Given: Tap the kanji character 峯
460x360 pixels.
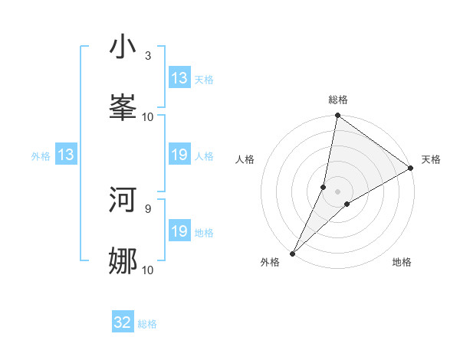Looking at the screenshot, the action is click(x=123, y=108).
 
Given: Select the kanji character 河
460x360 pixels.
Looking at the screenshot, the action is click(x=123, y=200).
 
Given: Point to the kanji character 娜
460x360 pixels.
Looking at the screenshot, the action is click(x=123, y=261).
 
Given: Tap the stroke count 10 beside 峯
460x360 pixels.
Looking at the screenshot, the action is click(x=148, y=117).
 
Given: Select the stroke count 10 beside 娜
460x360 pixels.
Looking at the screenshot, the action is click(x=148, y=270).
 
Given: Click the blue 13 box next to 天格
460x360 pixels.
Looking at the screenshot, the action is click(x=179, y=78).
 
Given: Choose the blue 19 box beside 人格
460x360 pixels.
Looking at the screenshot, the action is click(x=179, y=155).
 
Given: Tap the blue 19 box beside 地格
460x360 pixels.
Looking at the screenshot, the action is click(x=179, y=232).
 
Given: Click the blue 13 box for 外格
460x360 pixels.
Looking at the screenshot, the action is click(x=66, y=155).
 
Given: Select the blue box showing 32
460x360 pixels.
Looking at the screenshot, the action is click(x=123, y=323).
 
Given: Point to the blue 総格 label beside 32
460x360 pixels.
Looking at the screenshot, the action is click(x=147, y=324).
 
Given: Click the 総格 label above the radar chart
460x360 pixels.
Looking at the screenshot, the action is click(x=338, y=100).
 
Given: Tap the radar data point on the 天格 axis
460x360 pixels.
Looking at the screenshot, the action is click(x=410, y=169).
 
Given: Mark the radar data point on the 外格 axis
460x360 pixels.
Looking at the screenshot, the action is click(x=292, y=253).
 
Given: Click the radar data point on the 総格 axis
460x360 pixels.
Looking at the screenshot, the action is click(x=338, y=116).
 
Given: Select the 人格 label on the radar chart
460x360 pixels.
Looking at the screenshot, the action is click(x=245, y=159).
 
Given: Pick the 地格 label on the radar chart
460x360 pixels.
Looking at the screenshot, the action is click(x=402, y=262).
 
